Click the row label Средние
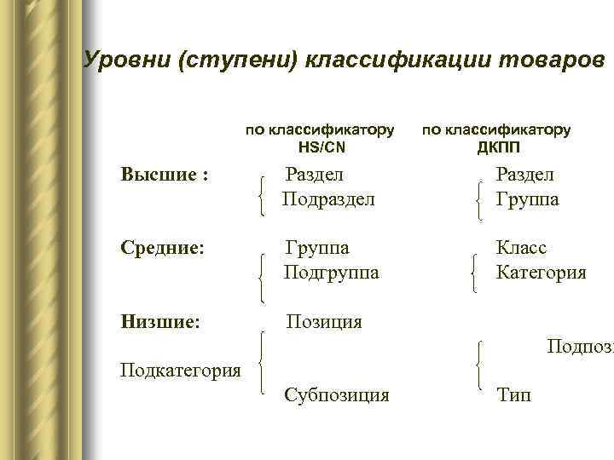tap(162, 248)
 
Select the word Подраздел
tap(330, 199)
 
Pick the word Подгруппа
tap(332, 273)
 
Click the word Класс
tap(522, 248)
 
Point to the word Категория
tap(542, 273)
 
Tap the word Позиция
tap(324, 322)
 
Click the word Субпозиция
tap(337, 395)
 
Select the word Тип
tap(513, 395)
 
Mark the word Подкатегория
tap(181, 370)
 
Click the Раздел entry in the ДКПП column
tap(525, 175)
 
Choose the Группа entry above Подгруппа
tap(317, 248)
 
